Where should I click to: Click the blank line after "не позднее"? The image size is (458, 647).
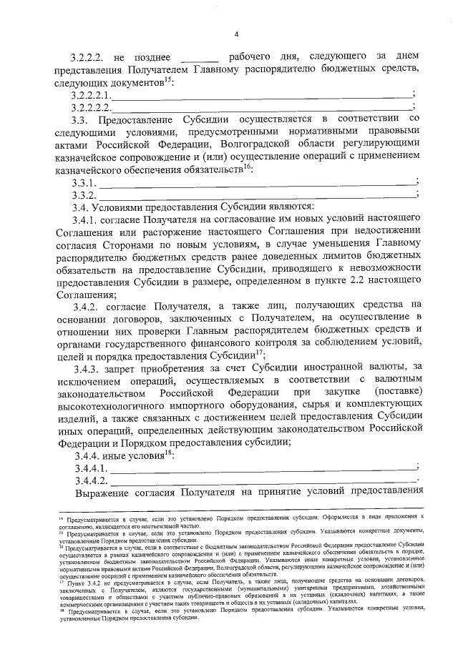[x=199, y=57]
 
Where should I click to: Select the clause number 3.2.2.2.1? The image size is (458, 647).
[x=91, y=94]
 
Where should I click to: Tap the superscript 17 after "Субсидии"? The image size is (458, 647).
[x=260, y=352]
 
